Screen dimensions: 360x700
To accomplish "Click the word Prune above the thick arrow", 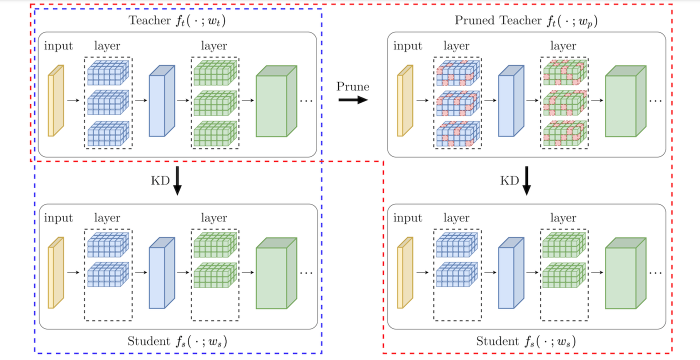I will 353,86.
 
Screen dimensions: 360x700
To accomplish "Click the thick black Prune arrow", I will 353,100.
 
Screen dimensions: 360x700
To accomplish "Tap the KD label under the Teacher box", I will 160,180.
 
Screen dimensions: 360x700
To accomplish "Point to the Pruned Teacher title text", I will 526,21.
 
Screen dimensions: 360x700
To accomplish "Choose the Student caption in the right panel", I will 526,341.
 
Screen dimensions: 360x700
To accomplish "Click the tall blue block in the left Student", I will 162,272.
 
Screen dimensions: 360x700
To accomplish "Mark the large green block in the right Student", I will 625,273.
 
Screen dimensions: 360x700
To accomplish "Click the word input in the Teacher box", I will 58,46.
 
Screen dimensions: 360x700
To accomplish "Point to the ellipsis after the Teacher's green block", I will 306,101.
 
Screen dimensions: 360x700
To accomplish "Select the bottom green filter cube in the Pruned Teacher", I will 564,133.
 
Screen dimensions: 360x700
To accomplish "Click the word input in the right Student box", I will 407,218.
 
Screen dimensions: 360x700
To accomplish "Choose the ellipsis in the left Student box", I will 306,273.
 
